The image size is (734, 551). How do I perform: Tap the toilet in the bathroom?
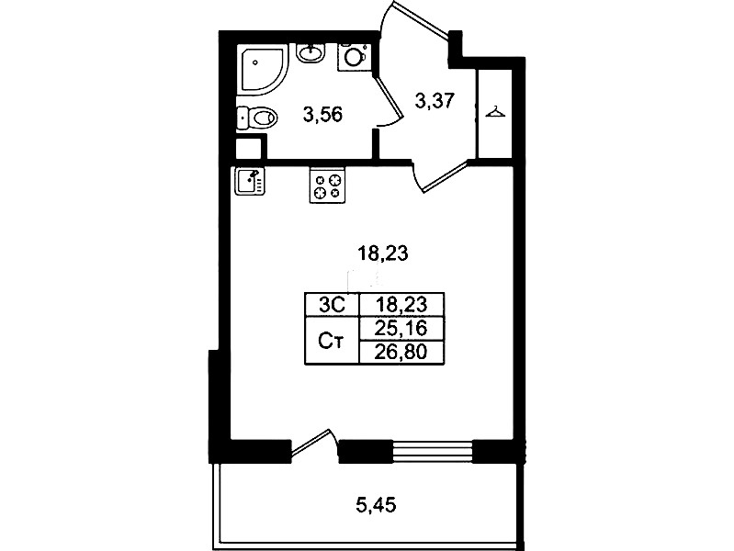click(x=257, y=118)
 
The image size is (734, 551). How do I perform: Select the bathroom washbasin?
click(x=311, y=52)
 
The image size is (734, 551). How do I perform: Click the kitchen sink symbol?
click(x=250, y=181)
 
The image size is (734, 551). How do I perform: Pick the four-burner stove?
click(x=327, y=186)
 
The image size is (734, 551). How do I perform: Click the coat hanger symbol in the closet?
click(x=495, y=112)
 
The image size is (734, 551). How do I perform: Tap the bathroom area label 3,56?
click(x=323, y=114)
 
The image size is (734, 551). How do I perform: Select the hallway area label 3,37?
click(x=435, y=100)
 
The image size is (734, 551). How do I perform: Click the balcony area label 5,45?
click(x=377, y=505)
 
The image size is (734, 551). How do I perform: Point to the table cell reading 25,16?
click(x=401, y=329)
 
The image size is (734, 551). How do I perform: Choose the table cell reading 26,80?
click(x=401, y=353)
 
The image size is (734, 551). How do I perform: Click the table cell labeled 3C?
click(x=332, y=305)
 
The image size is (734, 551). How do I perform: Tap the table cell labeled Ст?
click(x=332, y=341)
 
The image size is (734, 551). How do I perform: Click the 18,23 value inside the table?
click(x=402, y=305)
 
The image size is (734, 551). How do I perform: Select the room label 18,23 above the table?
click(x=383, y=253)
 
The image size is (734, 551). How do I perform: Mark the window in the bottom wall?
click(x=432, y=451)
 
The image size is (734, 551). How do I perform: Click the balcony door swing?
click(x=314, y=442)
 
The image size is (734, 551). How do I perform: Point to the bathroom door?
click(x=389, y=101)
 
